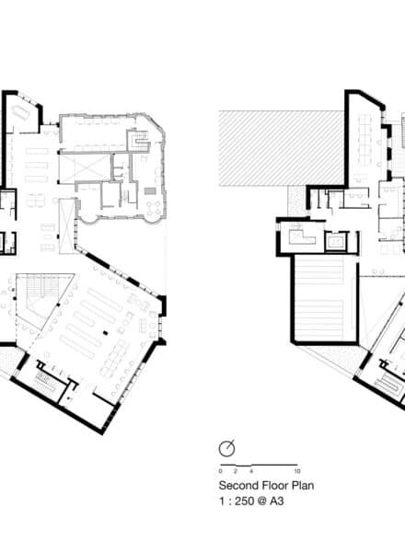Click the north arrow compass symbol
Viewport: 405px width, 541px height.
(x=226, y=449)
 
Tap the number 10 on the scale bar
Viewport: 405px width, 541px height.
(x=296, y=471)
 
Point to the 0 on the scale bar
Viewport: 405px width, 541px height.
(x=220, y=471)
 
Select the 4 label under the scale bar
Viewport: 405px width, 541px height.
(x=251, y=471)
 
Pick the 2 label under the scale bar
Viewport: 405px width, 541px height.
(x=236, y=471)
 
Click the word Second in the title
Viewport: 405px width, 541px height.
(x=238, y=486)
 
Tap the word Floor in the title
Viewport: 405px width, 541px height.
(x=275, y=486)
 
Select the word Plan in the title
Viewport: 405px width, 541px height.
(x=303, y=486)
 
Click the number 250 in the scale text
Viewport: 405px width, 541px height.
(x=245, y=501)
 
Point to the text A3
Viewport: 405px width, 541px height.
(x=276, y=501)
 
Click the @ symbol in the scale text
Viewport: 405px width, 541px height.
(x=261, y=501)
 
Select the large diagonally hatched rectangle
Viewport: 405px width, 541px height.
(x=282, y=149)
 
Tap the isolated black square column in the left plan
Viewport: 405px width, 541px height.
(x=105, y=333)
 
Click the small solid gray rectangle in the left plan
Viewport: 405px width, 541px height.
(x=149, y=190)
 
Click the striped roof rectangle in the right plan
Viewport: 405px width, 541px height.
(x=320, y=299)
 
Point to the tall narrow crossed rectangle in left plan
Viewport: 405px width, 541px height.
(x=66, y=226)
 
